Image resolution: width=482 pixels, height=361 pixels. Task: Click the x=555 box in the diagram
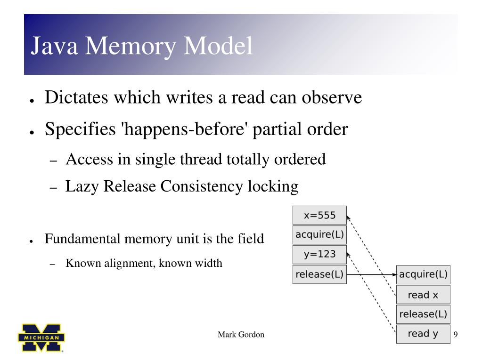[x=319, y=215]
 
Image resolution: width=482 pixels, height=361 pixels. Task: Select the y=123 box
[x=319, y=254]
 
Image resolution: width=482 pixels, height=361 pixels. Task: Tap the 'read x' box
[x=423, y=295]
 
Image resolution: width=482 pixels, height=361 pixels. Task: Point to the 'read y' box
[x=423, y=334]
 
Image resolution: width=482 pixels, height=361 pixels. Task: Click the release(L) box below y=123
[x=319, y=274]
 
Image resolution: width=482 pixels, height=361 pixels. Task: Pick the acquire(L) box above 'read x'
[x=423, y=274]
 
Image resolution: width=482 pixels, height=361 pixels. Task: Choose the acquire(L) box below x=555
[x=319, y=234]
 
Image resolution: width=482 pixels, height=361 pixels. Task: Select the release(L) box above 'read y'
[x=423, y=314]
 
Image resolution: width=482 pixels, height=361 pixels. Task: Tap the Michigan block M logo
[x=41, y=337]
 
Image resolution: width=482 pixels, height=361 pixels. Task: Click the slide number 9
[x=456, y=335]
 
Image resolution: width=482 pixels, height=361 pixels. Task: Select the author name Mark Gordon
[x=241, y=335]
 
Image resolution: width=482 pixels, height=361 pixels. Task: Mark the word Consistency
[x=202, y=186]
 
